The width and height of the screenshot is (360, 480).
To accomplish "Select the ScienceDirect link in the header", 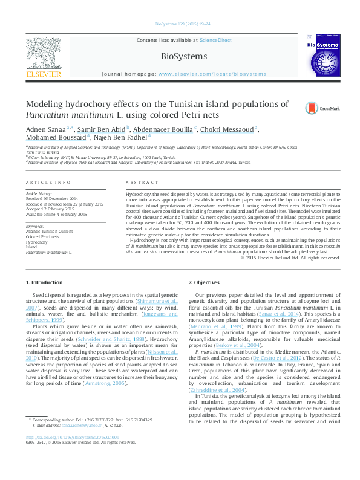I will point(216,40).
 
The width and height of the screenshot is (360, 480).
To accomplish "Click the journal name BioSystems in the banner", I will point(184,56).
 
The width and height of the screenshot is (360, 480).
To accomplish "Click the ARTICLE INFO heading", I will point(45,182).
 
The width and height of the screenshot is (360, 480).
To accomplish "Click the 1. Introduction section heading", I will point(45,283).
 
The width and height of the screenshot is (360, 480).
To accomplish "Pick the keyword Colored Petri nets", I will point(43,236).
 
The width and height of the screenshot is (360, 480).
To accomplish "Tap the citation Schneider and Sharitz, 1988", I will point(129,340).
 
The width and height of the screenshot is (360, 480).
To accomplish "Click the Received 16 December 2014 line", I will point(51,198).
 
